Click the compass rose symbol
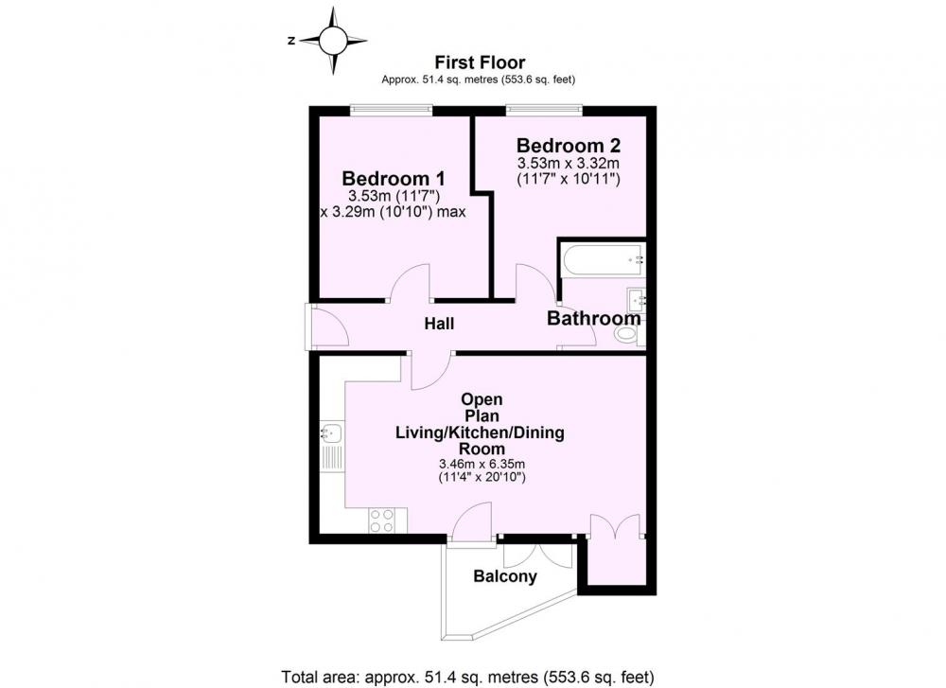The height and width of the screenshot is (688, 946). [x=333, y=41]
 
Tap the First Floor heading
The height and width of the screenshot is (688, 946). [x=480, y=62]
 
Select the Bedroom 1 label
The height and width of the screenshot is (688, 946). [x=394, y=179]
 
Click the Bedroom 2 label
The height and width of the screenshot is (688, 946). [x=569, y=146]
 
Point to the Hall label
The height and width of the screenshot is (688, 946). [x=439, y=324]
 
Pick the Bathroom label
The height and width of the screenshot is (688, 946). [x=594, y=318]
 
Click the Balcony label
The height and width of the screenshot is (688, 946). [x=505, y=576]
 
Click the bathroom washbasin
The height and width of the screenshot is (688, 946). [x=636, y=299]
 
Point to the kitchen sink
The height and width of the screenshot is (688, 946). [x=331, y=432]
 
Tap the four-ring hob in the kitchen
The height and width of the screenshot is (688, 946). [x=382, y=520]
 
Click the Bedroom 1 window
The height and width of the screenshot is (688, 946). [x=392, y=110]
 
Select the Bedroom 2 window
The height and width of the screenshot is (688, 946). [x=544, y=110]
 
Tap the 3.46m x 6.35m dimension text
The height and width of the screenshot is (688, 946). [x=482, y=464]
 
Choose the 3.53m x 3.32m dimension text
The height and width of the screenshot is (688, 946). [x=569, y=163]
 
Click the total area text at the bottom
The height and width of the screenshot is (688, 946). [x=467, y=677]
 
